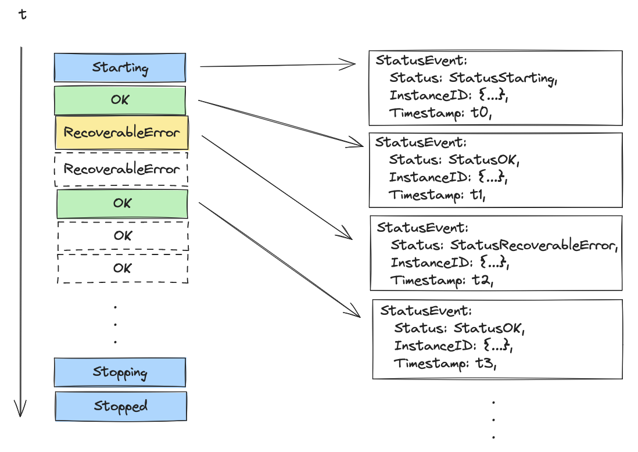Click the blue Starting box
120,67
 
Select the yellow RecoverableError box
121,132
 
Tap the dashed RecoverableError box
121,169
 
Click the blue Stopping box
120,372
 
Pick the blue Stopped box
121,406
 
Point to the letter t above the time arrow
23,15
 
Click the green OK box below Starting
120,100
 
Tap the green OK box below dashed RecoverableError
122,203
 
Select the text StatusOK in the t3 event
489,328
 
